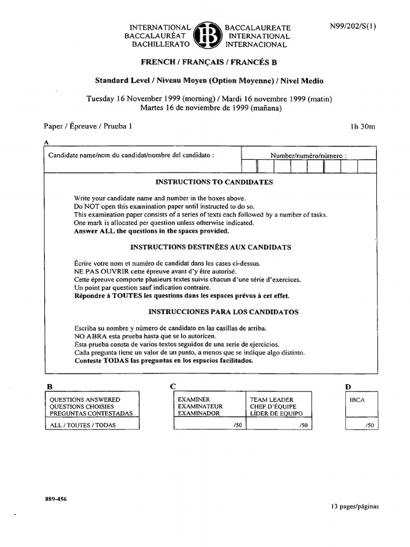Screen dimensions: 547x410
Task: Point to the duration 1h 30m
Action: coord(362,127)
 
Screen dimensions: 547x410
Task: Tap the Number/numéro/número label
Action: coord(309,156)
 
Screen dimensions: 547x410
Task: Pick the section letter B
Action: coord(49,386)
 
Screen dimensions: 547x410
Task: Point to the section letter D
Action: coord(348,386)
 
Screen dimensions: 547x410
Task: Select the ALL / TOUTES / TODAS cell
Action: coord(82,425)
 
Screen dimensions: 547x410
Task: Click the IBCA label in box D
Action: coord(357,400)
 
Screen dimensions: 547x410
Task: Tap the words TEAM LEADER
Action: coord(272,400)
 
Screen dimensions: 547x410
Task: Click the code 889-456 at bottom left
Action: coord(56,499)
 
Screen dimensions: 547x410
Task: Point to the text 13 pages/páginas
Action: coord(354,506)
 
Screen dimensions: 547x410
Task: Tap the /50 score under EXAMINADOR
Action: coord(237,425)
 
